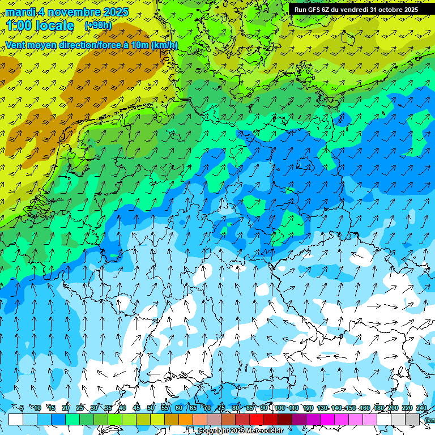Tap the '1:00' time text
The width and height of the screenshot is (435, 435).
pos(20,25)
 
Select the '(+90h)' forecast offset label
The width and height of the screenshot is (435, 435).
pos(98,25)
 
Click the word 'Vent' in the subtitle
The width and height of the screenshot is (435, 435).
pos(16,45)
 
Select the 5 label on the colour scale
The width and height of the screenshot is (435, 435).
pos(22,408)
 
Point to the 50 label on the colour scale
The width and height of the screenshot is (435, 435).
pos(151,408)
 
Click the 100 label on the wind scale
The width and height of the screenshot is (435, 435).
pos(280,408)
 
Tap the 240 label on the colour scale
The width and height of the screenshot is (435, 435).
pos(421,408)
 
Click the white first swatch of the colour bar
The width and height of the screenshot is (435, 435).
pos(16,419)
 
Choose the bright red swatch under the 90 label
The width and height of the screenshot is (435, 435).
pos(257,419)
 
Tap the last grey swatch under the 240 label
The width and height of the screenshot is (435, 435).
pos(412,419)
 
